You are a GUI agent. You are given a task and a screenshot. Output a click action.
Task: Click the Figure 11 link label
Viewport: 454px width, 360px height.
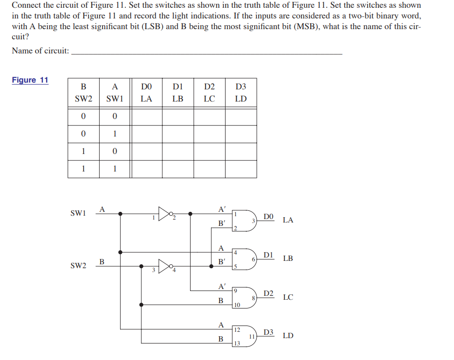point(30,80)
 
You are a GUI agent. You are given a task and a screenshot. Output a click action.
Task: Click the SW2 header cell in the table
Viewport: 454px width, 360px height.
point(83,99)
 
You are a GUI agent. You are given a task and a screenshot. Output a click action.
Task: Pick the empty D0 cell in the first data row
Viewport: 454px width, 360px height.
point(146,117)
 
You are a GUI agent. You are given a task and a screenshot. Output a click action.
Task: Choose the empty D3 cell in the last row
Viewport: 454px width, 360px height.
point(241,169)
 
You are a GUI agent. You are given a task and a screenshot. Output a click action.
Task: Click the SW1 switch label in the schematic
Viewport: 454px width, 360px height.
point(78,213)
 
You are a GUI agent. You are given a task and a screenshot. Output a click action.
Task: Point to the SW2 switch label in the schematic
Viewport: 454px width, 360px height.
point(78,266)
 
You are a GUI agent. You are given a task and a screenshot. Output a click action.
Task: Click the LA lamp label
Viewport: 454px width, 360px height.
point(288,220)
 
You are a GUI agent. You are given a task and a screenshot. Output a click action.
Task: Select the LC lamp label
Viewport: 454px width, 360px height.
point(288,297)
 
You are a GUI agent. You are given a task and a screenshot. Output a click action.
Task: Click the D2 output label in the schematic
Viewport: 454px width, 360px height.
point(268,293)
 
